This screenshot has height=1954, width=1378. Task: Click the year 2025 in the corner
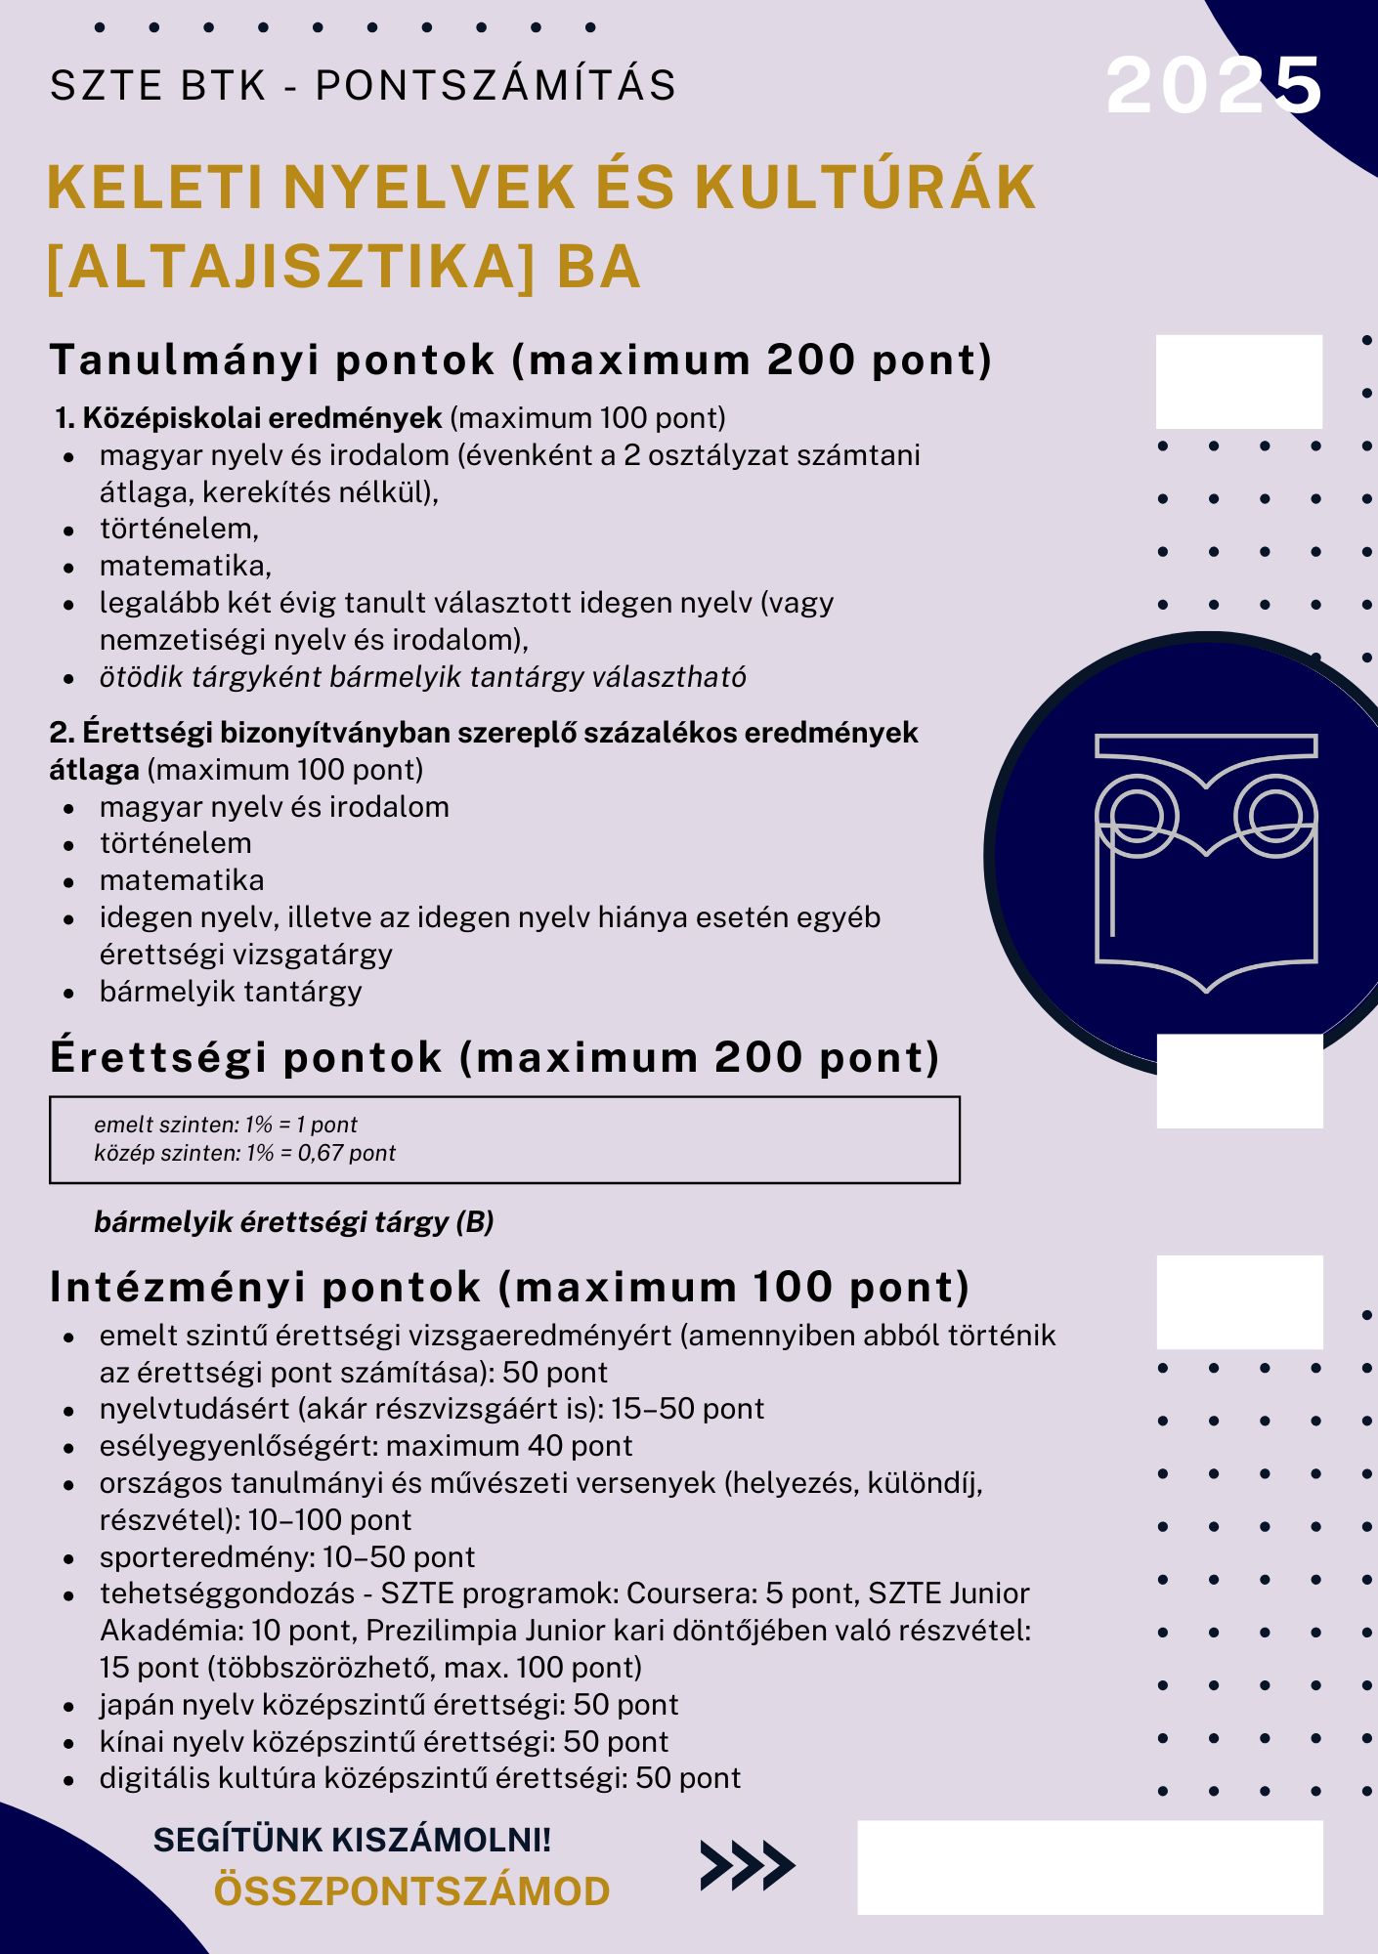click(x=1214, y=86)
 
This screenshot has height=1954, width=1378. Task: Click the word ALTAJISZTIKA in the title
click(x=289, y=268)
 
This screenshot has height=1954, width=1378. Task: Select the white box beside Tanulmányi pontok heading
click(x=1238, y=382)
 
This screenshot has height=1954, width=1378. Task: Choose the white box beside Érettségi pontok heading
click(x=1239, y=1081)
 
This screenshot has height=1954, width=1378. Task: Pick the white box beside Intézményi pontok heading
click(x=1239, y=1301)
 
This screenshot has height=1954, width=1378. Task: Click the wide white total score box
click(x=1090, y=1867)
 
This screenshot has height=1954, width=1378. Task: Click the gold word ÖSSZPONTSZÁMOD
click(x=411, y=1891)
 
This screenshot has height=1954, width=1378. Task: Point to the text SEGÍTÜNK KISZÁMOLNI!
click(x=352, y=1840)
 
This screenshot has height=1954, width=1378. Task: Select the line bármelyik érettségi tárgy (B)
click(x=293, y=1221)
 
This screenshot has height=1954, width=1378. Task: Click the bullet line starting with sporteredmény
click(x=286, y=1556)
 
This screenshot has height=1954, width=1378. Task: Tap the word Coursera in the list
click(x=690, y=1593)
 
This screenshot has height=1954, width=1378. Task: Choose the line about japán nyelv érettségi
click(x=388, y=1705)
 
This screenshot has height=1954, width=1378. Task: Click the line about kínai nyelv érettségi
click(x=383, y=1741)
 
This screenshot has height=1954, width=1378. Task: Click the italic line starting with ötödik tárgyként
click(x=422, y=677)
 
